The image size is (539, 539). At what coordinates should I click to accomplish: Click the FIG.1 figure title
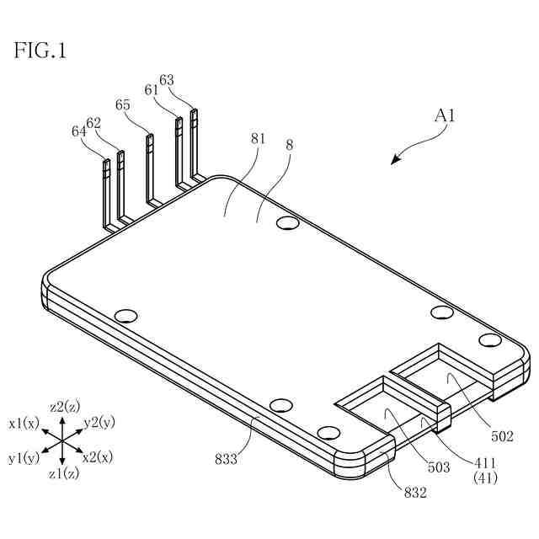coord(40,51)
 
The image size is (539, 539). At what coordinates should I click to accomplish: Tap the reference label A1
coord(446,116)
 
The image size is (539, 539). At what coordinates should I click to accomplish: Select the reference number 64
coord(79,131)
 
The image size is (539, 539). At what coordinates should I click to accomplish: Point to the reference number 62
coord(94,122)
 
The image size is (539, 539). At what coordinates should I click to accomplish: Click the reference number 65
coord(123,105)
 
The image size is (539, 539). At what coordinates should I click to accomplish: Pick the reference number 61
coord(152,89)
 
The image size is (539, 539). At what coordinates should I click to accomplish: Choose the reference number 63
coord(167,80)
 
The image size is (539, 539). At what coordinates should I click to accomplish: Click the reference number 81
coord(258,140)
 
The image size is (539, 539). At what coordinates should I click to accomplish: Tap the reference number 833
coord(226,459)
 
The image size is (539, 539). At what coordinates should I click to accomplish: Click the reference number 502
coord(502,435)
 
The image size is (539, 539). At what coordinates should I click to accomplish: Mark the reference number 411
coord(485,463)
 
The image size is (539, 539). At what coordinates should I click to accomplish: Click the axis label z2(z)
coord(64,407)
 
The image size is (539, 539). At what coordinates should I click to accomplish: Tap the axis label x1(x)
coord(24,423)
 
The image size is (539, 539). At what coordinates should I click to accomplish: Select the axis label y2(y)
coord(100,421)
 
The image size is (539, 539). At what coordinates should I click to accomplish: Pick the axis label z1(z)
coord(64,474)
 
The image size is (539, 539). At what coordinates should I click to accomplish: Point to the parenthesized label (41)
coord(485,478)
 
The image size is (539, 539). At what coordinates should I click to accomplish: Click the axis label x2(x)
coord(98,456)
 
